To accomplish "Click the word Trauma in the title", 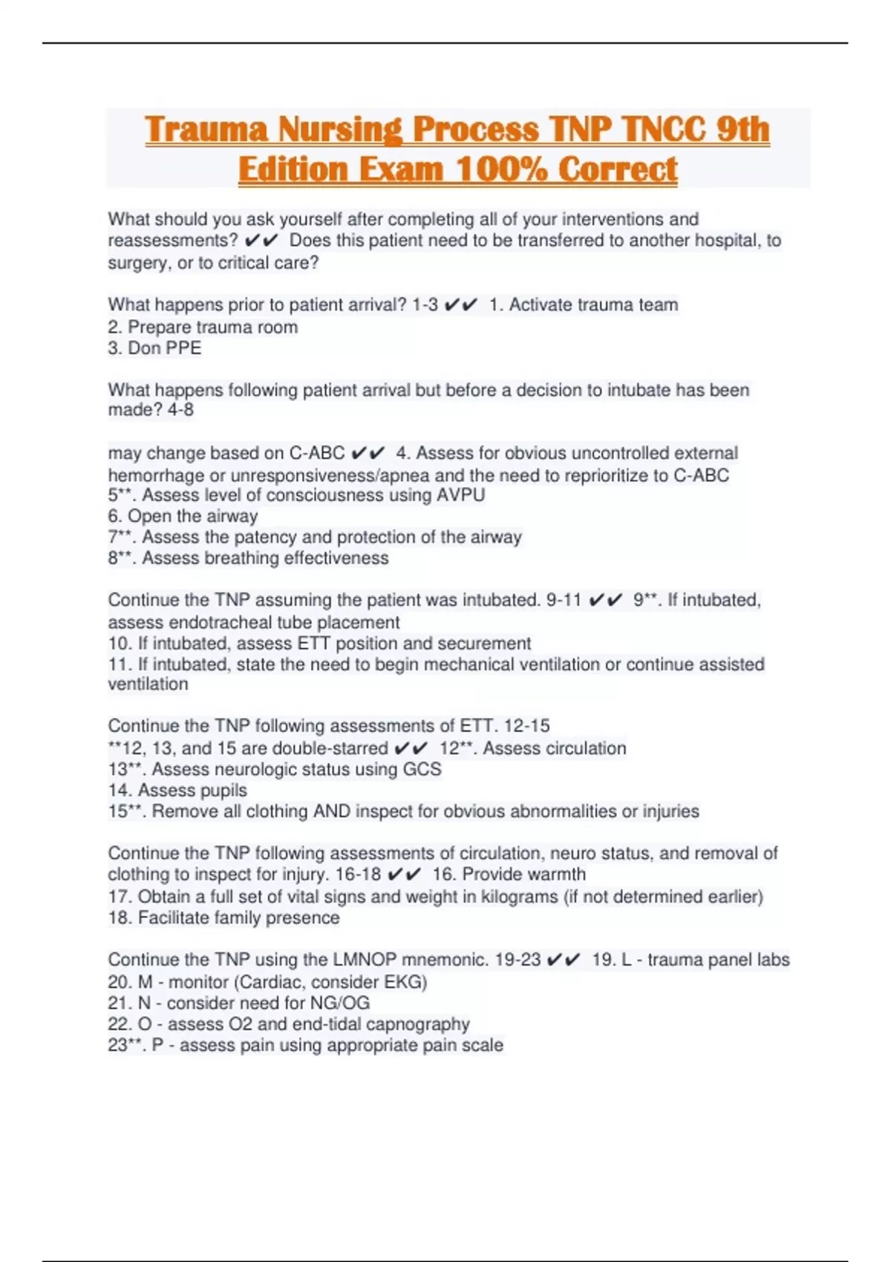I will tap(206, 130).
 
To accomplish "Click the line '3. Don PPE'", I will tap(154, 348).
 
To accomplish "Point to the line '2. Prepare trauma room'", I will tap(203, 327).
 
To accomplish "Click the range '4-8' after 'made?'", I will tap(180, 410).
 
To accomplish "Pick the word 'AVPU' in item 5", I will tap(461, 495).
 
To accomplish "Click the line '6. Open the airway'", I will tap(183, 516).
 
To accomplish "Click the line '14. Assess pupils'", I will tap(177, 790).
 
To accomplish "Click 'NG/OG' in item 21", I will tap(343, 1003).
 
